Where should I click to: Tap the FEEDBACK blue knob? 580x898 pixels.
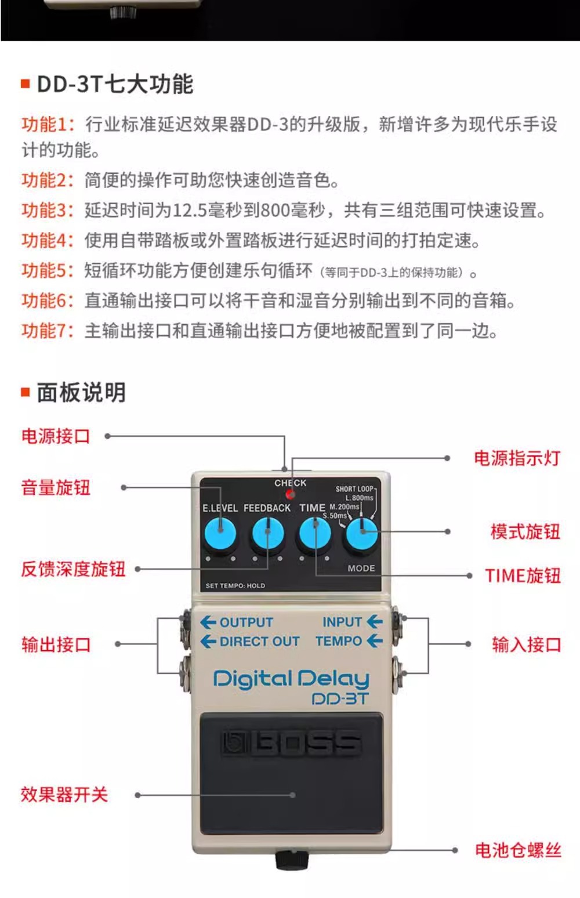coord(267,534)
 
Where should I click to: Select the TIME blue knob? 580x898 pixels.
coord(314,534)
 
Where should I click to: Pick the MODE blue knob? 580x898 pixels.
coord(361,534)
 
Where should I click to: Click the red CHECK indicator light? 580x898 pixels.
coord(290,495)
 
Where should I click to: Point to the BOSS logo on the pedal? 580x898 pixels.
coord(291,743)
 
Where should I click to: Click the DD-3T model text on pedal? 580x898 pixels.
coord(340,698)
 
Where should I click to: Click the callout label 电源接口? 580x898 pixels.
coord(56,436)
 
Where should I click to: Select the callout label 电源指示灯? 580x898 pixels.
coord(517,458)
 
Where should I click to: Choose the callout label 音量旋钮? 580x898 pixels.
coord(56,488)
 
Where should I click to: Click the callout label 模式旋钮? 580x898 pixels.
coord(525,531)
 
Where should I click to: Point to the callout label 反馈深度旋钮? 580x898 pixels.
coord(73,569)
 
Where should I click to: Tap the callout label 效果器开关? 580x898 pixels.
coord(64,795)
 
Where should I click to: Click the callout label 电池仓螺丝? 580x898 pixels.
coord(518,850)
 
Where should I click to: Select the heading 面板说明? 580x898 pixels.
coord(81,393)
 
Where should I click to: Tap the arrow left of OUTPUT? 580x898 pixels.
coord(208,622)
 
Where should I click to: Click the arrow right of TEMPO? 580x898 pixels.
coord(375,641)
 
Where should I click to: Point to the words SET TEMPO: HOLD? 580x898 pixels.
coord(235,586)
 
